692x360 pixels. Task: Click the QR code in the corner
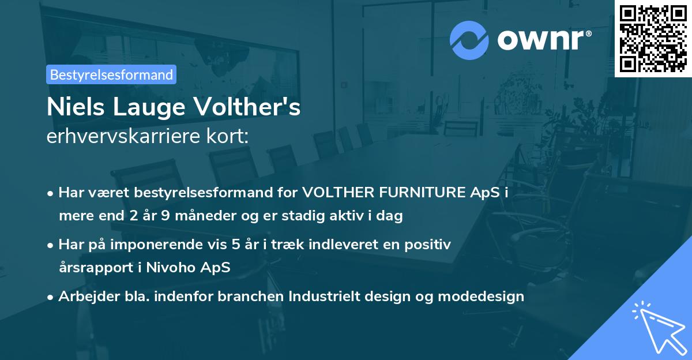[653, 38]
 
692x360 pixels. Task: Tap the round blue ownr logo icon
[469, 40]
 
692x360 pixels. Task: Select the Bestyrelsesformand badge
[111, 74]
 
